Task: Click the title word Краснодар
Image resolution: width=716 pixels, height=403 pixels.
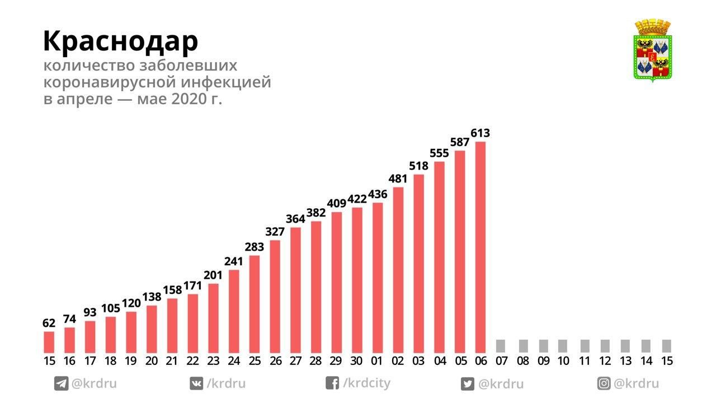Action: (x=120, y=41)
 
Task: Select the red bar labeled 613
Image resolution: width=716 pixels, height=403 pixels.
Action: (x=480, y=246)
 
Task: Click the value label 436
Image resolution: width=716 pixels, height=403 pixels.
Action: (x=378, y=194)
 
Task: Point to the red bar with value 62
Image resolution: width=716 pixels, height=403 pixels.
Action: (x=49, y=341)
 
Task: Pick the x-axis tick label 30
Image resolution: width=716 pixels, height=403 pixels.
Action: (x=357, y=361)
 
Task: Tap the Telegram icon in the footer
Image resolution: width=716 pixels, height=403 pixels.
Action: (x=61, y=384)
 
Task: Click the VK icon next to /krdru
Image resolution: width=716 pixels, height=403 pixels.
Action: (x=197, y=384)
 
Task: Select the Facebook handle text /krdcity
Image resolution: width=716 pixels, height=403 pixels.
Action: (x=366, y=383)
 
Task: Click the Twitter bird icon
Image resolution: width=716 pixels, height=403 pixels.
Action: (x=467, y=384)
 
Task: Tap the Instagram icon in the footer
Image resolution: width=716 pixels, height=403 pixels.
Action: (x=604, y=384)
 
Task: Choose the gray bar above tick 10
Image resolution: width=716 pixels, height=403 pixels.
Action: (x=563, y=345)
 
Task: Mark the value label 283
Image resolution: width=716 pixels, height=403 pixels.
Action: (x=255, y=247)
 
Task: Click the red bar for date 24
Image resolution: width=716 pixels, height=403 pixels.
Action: (x=234, y=311)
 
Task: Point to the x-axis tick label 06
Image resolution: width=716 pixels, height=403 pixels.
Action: (x=481, y=361)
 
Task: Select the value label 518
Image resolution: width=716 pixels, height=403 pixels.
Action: (x=418, y=166)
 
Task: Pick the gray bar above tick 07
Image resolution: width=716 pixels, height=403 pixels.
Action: (x=501, y=345)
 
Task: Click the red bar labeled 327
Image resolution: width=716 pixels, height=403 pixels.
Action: (x=275, y=296)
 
